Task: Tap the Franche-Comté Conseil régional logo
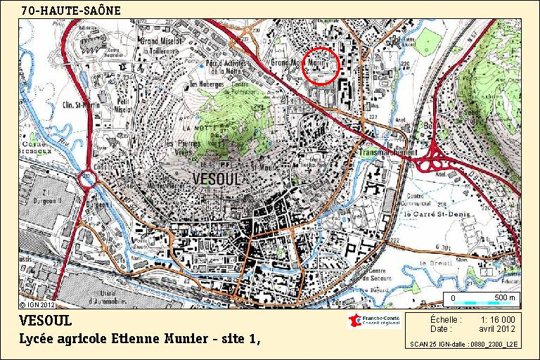372,321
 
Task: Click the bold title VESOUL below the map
46,321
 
